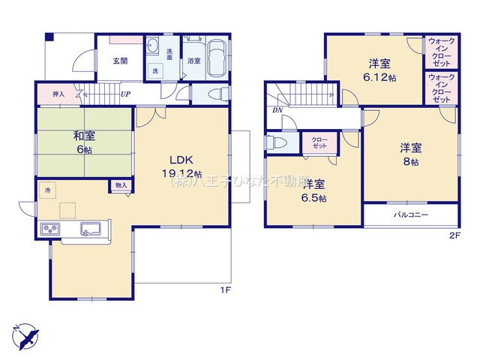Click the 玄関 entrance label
click(x=120, y=61)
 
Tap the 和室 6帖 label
click(x=83, y=142)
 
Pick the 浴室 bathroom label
click(x=193, y=60)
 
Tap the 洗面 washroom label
click(x=169, y=54)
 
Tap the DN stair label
click(x=277, y=111)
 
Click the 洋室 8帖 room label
click(x=409, y=153)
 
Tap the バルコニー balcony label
click(x=410, y=214)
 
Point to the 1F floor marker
click(x=224, y=289)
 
